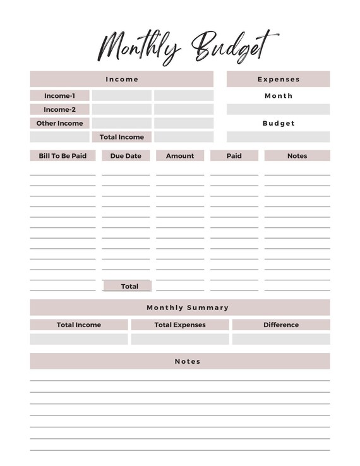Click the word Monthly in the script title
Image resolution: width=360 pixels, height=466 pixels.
(139, 47)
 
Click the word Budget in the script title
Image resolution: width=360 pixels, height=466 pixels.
(234, 45)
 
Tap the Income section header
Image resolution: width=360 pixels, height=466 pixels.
(121, 79)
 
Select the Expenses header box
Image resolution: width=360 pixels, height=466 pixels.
(278, 79)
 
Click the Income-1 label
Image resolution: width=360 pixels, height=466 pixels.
(59, 96)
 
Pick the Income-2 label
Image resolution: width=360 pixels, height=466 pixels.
(59, 109)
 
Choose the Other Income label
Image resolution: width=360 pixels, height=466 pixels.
(59, 123)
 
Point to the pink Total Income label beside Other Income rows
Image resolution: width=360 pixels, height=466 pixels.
(121, 137)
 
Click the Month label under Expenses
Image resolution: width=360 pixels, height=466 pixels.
(278, 96)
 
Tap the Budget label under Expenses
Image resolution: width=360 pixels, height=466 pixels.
(278, 123)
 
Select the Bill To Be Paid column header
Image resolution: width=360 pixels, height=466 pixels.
(63, 155)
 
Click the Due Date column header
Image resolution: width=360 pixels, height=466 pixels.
(126, 155)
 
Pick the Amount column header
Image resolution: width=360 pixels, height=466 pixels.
(180, 155)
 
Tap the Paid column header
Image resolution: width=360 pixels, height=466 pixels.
(234, 155)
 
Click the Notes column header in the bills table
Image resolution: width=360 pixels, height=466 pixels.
(297, 155)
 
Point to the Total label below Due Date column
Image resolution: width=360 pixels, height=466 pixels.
(129, 286)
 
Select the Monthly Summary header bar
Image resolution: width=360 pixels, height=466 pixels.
(179, 308)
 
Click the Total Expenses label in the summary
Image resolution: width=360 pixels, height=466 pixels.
(180, 325)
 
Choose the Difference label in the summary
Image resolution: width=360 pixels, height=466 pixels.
(281, 325)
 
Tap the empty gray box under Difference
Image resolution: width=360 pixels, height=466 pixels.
(281, 339)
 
